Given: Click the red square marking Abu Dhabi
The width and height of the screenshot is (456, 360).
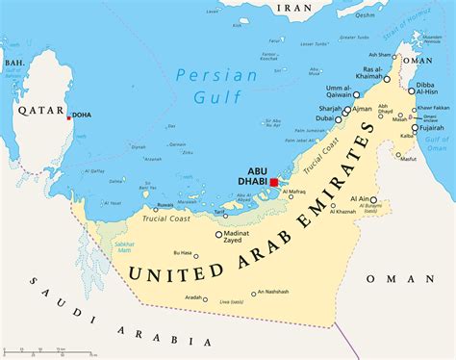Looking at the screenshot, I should click(274, 181).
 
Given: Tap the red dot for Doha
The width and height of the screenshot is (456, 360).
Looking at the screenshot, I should click(68, 118).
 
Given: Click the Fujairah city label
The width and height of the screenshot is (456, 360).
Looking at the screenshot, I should click(430, 126).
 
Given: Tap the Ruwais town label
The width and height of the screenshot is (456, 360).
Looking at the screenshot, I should click(165, 204).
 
